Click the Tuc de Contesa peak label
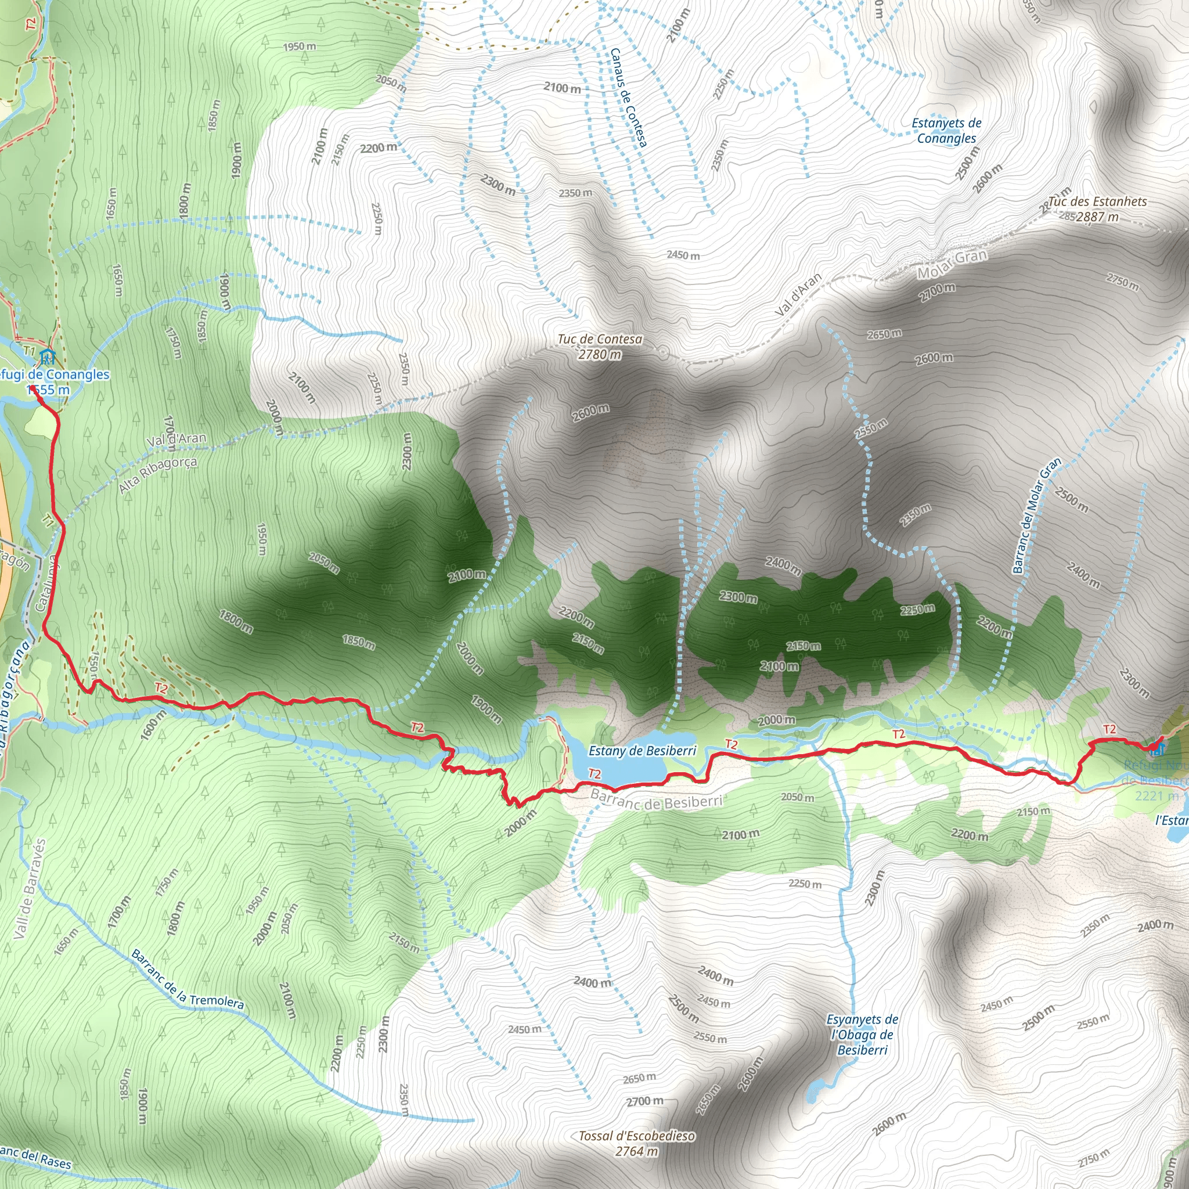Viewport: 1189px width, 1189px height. tap(599, 339)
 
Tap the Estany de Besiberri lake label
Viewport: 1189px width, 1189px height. tap(642, 751)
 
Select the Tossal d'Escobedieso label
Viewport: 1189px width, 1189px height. tap(637, 1136)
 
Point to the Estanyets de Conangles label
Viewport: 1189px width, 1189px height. tap(946, 131)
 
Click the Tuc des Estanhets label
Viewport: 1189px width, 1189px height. tap(1098, 202)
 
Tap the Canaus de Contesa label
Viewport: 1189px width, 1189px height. tap(628, 98)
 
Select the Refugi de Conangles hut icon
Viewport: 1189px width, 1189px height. tap(47, 356)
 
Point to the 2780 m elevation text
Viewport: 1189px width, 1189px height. tap(599, 355)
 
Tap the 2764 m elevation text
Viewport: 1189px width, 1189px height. tap(637, 1151)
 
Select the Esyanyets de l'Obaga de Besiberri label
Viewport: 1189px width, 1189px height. tap(862, 1035)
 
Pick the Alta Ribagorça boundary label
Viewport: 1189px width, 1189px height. tap(157, 474)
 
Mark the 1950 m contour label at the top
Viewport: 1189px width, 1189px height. tap(299, 47)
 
